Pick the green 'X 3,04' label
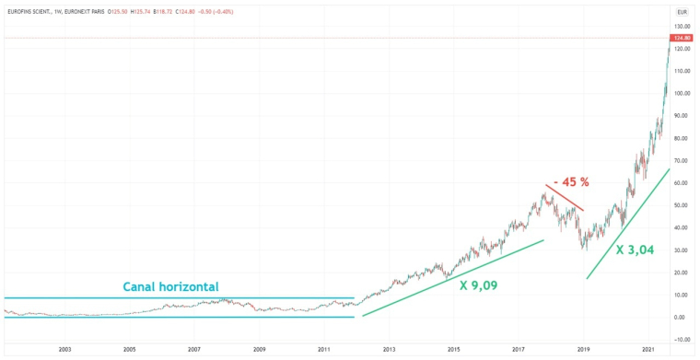[636, 250]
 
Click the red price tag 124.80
[682, 38]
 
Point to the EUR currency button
[682, 11]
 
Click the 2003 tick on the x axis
[64, 350]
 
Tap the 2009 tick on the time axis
[259, 350]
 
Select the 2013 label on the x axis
[389, 350]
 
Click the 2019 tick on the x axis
[583, 350]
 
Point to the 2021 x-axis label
[648, 350]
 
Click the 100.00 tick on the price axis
[682, 94]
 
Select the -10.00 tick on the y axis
[682, 340]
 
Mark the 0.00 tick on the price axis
[682, 318]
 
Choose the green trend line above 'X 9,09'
[451, 278]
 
